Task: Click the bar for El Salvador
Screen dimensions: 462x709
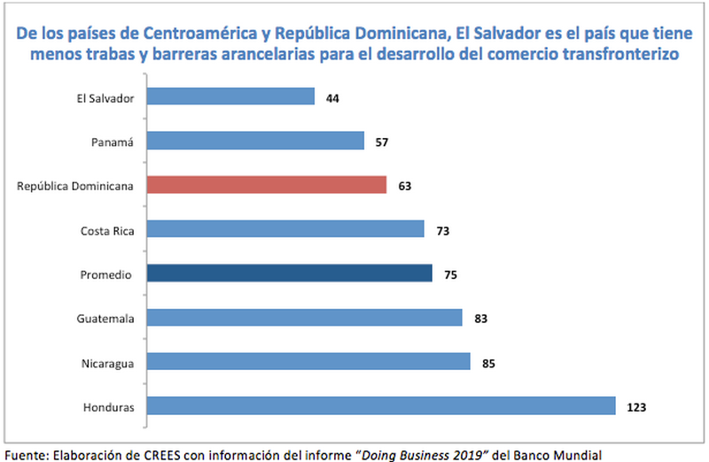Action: [x=230, y=96]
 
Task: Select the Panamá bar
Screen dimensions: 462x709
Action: [x=255, y=141]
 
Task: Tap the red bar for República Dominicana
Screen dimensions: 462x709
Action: [x=267, y=185]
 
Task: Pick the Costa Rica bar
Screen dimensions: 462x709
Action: [x=285, y=229]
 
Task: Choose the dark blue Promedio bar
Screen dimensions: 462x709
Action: [x=289, y=273]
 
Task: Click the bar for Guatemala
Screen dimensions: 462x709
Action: [x=304, y=317]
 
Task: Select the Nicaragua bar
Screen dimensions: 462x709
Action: [x=308, y=361]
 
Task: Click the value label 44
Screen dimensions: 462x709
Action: [x=333, y=98]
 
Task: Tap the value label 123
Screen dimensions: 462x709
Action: [x=635, y=408]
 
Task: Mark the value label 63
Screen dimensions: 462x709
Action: [x=405, y=187]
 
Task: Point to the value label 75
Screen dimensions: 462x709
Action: [x=451, y=275]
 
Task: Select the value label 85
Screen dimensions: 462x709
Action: [x=488, y=363]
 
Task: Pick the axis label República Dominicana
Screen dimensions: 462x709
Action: [x=75, y=186]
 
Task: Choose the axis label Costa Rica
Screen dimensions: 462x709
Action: [x=106, y=230]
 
